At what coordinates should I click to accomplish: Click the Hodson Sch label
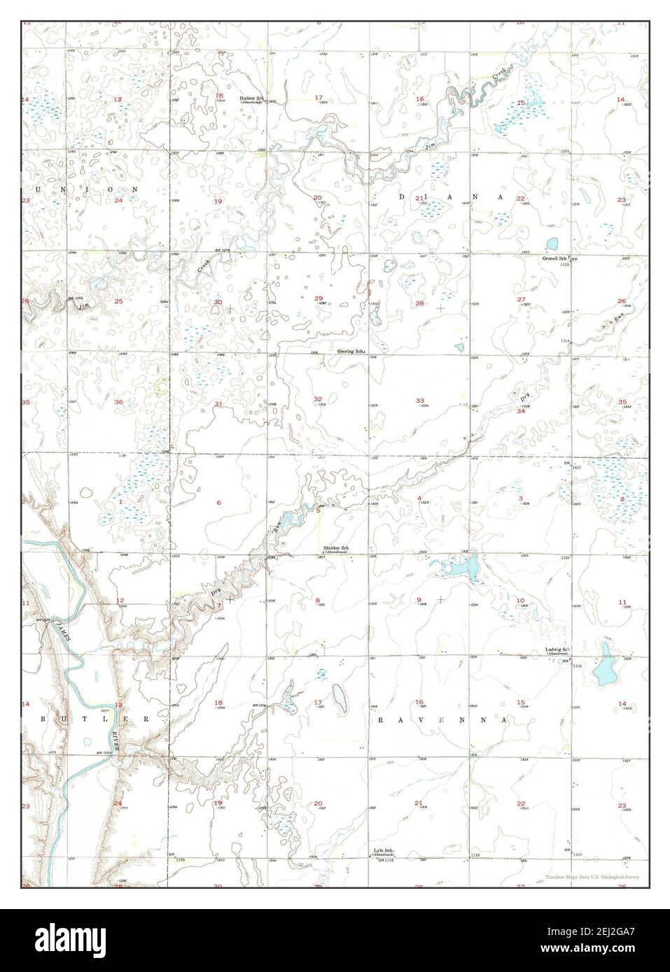tap(251, 98)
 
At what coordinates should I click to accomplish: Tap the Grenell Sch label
tap(555, 258)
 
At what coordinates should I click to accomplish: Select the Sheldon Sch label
tap(335, 548)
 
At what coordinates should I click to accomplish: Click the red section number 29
tap(319, 298)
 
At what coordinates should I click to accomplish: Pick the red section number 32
tap(318, 399)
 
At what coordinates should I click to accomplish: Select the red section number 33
tap(420, 401)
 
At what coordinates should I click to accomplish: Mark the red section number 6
tap(218, 502)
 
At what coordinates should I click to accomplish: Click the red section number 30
tap(218, 302)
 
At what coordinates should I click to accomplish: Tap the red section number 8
tap(319, 601)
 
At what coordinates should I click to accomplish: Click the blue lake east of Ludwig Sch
tap(603, 671)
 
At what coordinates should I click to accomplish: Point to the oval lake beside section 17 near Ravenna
tap(338, 695)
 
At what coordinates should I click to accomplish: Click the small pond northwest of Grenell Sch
tap(552, 243)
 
